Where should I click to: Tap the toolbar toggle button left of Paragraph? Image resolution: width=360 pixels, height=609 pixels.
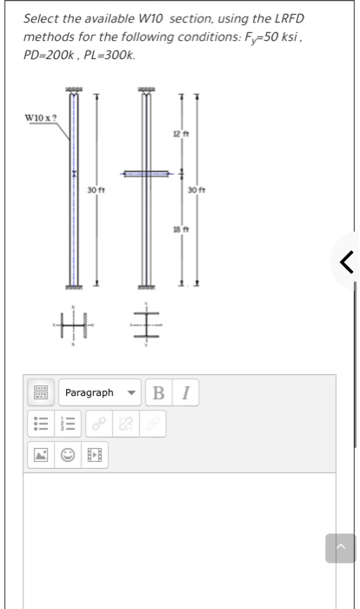pyautogui.click(x=39, y=393)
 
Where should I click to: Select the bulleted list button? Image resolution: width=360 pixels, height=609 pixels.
pyautogui.click(x=39, y=424)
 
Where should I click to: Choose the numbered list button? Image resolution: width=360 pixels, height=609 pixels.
pyautogui.click(x=68, y=424)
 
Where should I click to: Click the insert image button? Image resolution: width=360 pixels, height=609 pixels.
pyautogui.click(x=39, y=454)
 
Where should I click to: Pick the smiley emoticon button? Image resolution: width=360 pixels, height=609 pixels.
pyautogui.click(x=68, y=454)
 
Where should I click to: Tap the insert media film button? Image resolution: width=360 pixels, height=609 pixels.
pyautogui.click(x=96, y=454)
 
